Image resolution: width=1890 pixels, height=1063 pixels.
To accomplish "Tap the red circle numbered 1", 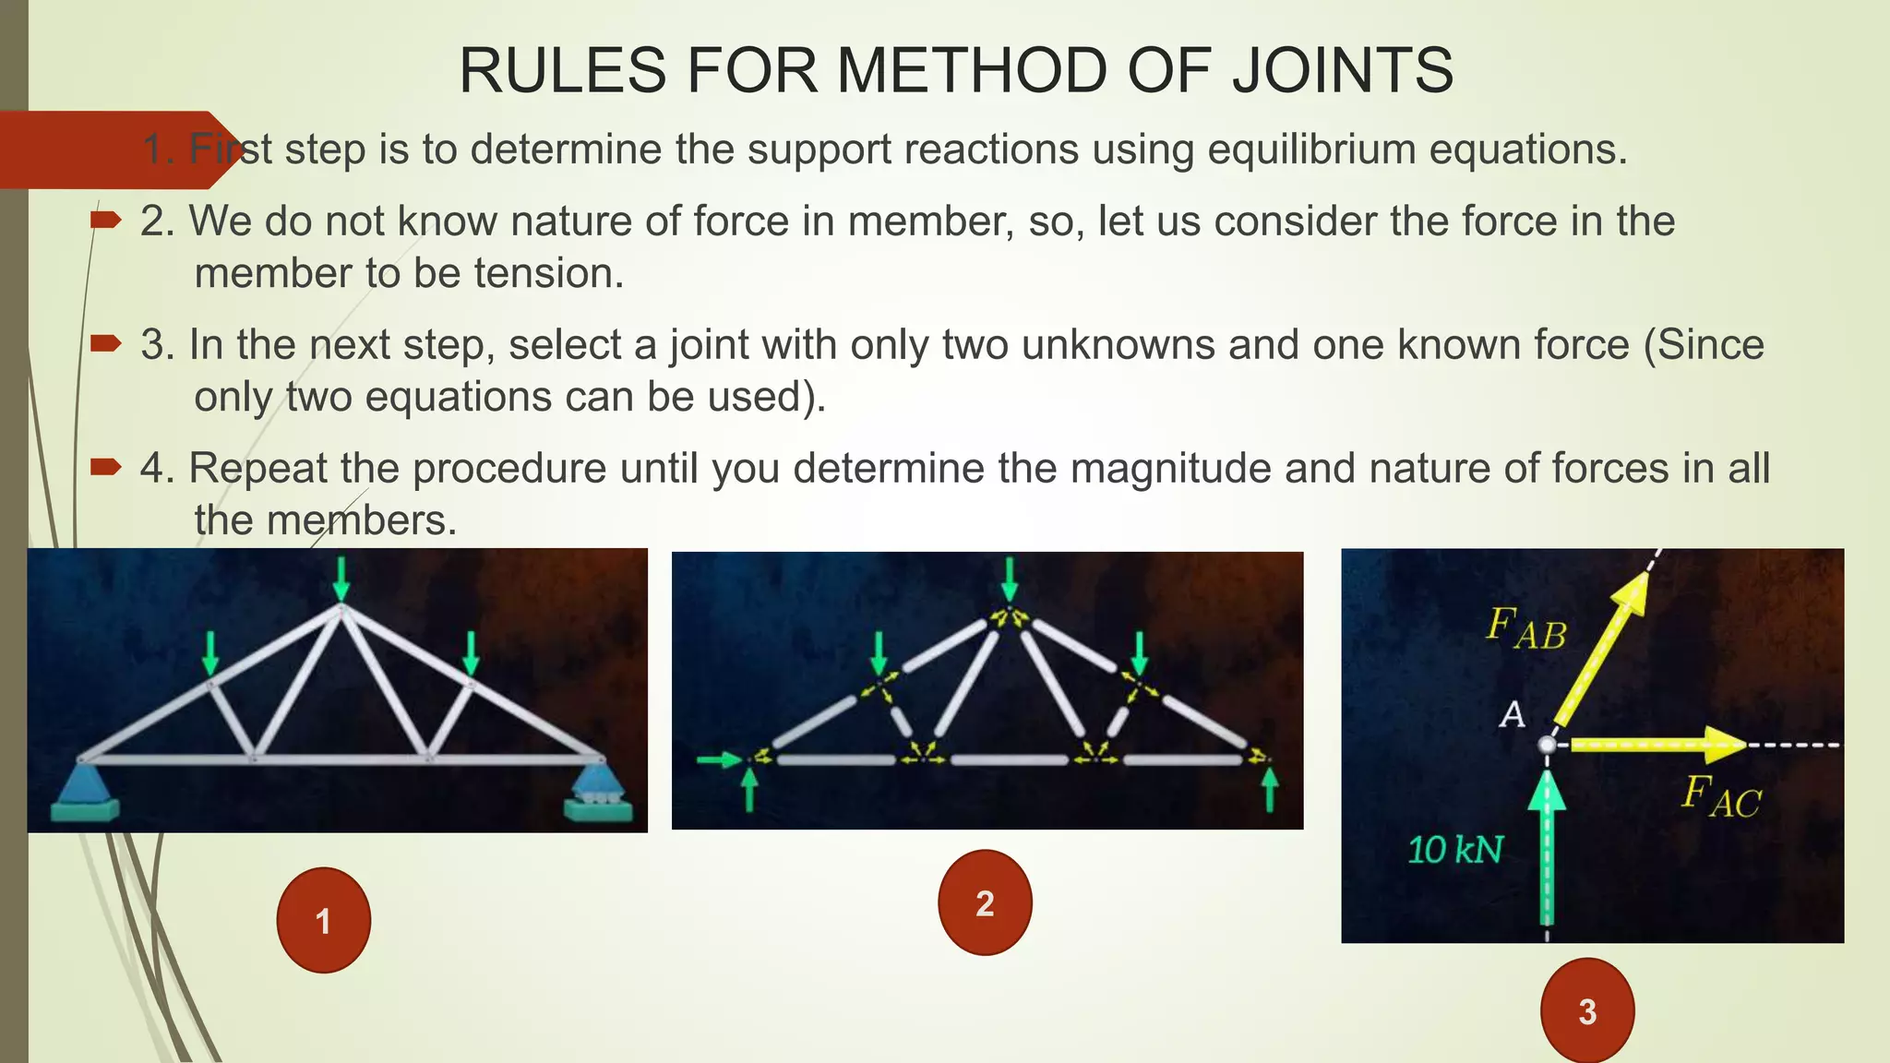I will (323, 920).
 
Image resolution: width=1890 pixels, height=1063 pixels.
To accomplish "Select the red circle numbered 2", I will (985, 902).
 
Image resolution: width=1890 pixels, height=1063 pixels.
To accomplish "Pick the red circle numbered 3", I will (1586, 1011).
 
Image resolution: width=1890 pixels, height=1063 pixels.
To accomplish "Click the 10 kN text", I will (1455, 850).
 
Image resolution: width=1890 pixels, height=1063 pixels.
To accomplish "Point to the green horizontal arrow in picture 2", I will (718, 759).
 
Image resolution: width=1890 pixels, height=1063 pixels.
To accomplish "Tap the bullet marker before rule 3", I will (105, 344).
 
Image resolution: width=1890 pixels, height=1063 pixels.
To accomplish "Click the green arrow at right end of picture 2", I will (1270, 790).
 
